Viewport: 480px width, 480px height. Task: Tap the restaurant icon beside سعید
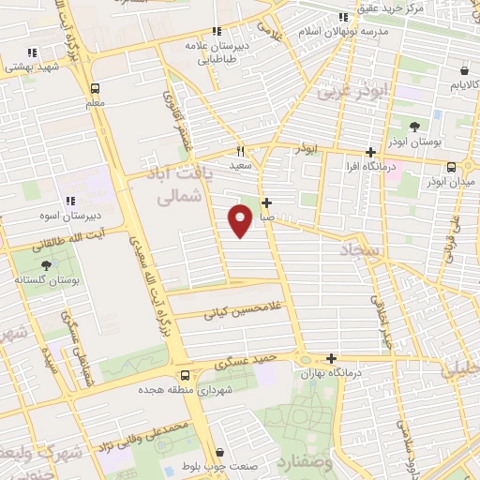241,151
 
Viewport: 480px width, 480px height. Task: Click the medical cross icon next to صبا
267,202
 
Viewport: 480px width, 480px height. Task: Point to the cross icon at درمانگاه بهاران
331,358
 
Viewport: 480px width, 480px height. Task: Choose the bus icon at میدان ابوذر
451,167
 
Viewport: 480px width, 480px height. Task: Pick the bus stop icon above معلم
95,88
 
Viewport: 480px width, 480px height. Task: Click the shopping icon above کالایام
465,70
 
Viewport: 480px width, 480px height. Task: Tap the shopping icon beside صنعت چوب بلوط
218,451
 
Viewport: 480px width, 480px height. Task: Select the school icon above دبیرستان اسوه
70,200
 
